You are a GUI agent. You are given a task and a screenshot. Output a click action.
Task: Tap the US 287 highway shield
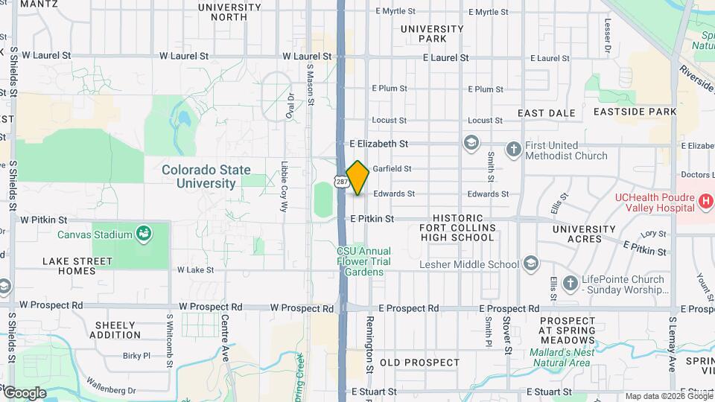[x=340, y=182]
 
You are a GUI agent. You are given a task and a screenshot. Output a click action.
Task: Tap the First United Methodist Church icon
[x=513, y=150]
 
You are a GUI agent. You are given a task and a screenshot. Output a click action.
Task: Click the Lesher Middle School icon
[x=530, y=264]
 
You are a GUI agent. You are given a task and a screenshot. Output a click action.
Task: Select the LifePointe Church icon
[x=571, y=284]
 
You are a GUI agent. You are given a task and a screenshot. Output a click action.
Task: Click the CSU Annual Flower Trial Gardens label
[x=364, y=261]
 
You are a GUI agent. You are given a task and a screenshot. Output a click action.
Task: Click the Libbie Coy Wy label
[x=285, y=187]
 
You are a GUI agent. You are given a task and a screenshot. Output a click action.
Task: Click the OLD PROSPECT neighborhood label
[x=420, y=363]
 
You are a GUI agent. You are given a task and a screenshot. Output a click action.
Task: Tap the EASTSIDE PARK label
[x=635, y=112]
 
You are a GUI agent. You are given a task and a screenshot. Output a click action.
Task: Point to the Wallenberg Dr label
[x=110, y=390]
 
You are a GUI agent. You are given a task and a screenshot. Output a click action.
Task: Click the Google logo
[x=24, y=393]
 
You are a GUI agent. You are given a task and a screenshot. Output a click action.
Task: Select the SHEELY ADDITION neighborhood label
[x=115, y=330]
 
